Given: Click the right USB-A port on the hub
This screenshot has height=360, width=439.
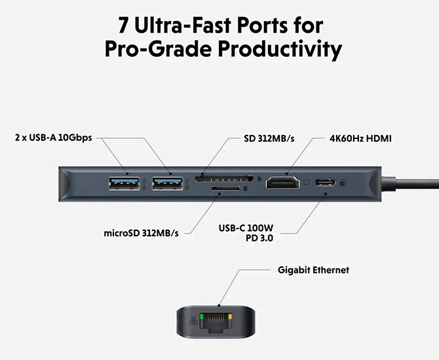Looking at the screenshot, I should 168,183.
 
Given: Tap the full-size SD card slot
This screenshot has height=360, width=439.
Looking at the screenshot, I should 225,177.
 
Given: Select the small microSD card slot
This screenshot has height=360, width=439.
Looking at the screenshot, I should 224,190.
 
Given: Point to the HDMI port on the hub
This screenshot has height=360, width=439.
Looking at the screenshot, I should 282,183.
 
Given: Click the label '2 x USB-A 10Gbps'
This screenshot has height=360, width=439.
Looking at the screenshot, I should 54,138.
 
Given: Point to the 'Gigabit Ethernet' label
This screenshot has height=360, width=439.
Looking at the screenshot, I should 313,270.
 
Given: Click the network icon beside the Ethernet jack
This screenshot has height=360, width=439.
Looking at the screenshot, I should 191,321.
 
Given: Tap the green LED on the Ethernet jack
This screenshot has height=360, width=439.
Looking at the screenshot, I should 203,316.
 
